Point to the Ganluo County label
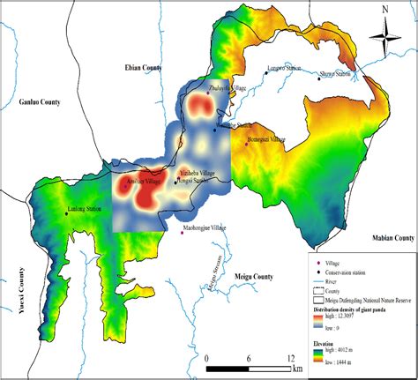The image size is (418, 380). (x=40, y=103)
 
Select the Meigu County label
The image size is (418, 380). (x=255, y=276)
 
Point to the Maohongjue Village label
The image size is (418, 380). (x=205, y=227)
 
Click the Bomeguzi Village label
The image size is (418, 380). (x=267, y=139)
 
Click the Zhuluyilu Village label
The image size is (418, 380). (x=228, y=88)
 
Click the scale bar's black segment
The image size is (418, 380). (x=228, y=364)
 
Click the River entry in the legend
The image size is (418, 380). (x=340, y=283)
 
